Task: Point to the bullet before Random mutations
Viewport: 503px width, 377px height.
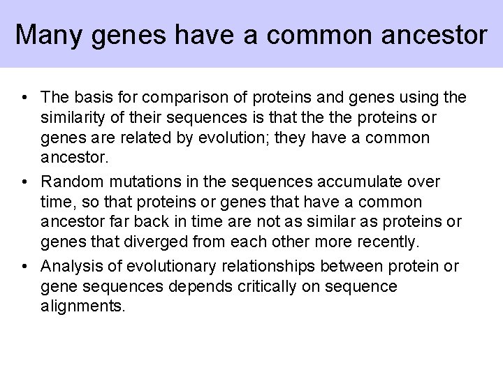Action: point(24,182)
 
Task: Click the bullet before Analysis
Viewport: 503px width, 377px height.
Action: point(24,267)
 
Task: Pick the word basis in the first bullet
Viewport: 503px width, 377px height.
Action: point(90,96)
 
